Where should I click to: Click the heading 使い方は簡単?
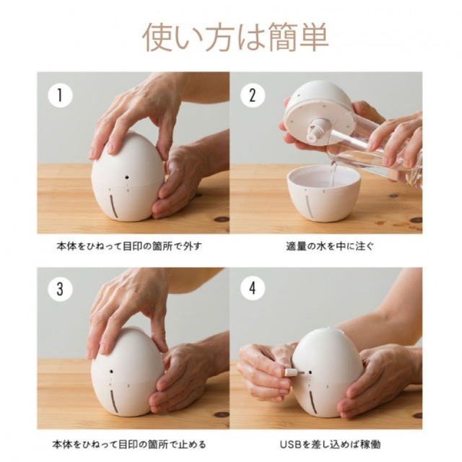[x=235, y=38]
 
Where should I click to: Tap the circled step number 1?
[x=60, y=95]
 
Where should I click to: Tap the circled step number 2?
[x=253, y=95]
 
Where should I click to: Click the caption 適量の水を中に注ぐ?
[x=330, y=246]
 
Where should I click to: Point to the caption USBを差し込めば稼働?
[x=330, y=445]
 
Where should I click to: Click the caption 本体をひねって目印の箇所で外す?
[x=129, y=246]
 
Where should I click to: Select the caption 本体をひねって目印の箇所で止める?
[x=129, y=445]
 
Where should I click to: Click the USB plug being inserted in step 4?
[x=294, y=372]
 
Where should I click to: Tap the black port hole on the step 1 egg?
[x=127, y=178]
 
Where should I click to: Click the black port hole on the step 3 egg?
[x=113, y=372]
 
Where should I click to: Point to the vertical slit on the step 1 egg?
[x=113, y=205]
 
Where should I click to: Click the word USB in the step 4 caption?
[x=291, y=445]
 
